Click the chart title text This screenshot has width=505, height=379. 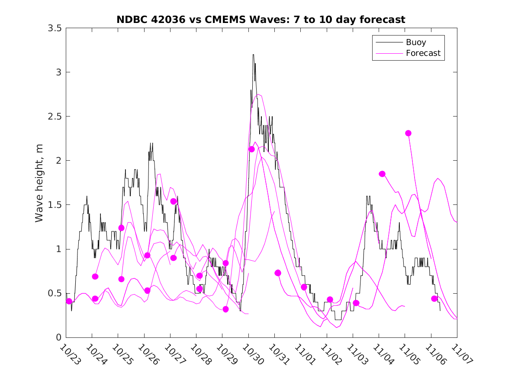click(261, 19)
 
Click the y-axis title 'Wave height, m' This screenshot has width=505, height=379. click(39, 183)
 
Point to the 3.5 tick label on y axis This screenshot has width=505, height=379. click(54, 28)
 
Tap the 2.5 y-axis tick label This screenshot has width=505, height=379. click(54, 117)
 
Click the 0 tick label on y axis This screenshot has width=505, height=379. click(58, 337)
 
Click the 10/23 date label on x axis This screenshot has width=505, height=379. click(70, 354)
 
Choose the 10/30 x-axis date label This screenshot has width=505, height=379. click(252, 354)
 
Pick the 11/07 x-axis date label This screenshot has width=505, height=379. click(461, 354)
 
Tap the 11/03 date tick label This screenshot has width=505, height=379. click(357, 354)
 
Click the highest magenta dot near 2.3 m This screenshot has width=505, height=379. click(408, 133)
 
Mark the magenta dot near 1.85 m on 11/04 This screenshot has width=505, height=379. click(382, 174)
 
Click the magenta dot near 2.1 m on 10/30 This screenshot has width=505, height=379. click(251, 149)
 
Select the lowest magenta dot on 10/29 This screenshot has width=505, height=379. click(225, 309)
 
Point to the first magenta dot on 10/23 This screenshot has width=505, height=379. click(69, 301)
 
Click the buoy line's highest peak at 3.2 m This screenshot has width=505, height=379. click(253, 55)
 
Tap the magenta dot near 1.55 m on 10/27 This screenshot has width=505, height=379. click(174, 201)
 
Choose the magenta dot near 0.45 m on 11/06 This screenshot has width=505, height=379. click(434, 298)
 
